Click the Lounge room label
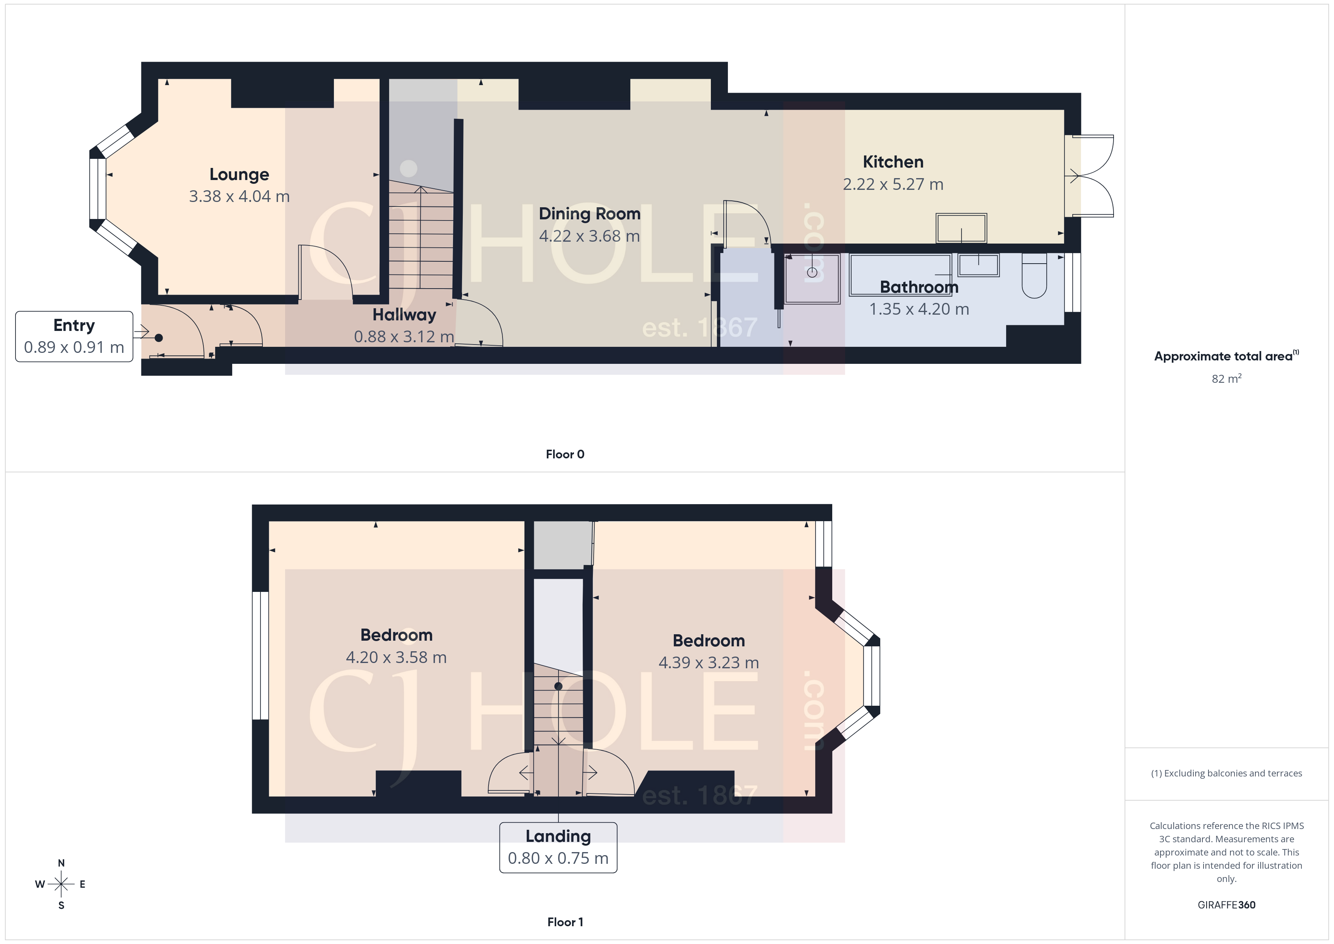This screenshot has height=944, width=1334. (x=239, y=174)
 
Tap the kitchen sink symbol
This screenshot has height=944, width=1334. (x=961, y=228)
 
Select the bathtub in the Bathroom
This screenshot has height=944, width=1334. (x=900, y=274)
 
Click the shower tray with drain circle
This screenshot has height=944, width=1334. (x=812, y=278)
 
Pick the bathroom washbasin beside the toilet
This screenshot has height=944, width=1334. (x=979, y=265)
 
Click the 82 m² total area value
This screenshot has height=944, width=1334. (x=1226, y=379)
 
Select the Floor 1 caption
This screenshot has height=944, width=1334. (x=565, y=922)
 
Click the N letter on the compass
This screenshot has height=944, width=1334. (x=61, y=863)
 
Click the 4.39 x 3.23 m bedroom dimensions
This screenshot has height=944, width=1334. (x=708, y=663)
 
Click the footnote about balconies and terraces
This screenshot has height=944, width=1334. (x=1226, y=773)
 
